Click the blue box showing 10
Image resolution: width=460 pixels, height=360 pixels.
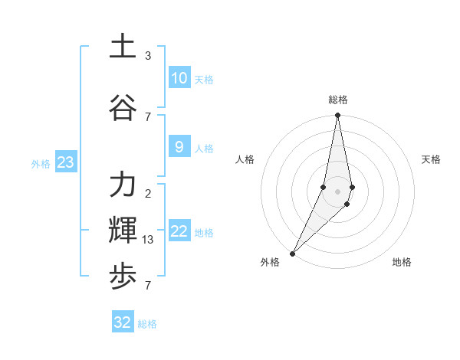click(x=179, y=78)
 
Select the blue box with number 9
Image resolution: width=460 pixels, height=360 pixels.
click(x=179, y=148)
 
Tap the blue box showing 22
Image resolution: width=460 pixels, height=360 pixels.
click(x=179, y=232)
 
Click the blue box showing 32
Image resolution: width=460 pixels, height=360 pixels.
click(x=123, y=322)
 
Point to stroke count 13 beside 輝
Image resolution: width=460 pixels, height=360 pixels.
click(x=149, y=240)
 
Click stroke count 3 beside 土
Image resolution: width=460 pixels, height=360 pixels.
click(x=148, y=56)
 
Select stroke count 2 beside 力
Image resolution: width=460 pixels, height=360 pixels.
click(x=148, y=194)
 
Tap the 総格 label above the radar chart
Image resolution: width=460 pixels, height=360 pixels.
click(x=338, y=100)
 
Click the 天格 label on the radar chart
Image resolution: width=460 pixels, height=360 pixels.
click(x=431, y=159)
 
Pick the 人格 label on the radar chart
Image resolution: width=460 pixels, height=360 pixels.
click(x=245, y=159)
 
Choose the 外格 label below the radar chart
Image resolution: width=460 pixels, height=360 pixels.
click(x=270, y=262)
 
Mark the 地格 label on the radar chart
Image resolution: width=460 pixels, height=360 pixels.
click(x=402, y=262)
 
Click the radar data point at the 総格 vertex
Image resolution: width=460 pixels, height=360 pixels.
click(x=337, y=116)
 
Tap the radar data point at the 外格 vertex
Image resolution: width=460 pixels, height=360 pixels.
click(x=292, y=253)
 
